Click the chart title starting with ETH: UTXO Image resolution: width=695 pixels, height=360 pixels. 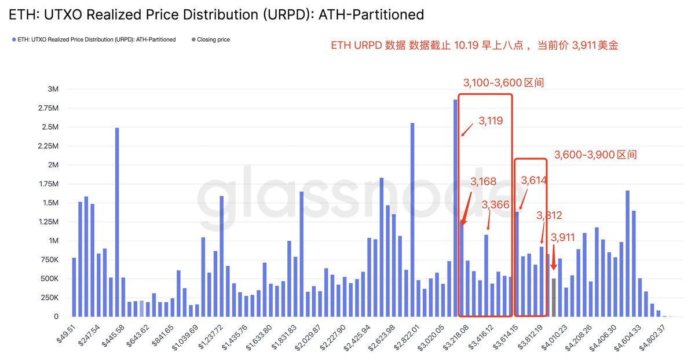(216, 14)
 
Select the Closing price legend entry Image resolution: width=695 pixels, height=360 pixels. (213, 40)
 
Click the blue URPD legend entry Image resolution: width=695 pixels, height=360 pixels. (96, 40)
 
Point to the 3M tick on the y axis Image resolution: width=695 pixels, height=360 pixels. (53, 89)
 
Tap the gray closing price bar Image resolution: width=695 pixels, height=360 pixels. (554, 297)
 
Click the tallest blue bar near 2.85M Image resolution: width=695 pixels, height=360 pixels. (455, 208)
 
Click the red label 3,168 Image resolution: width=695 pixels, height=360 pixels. (484, 182)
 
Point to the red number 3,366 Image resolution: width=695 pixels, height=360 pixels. (496, 204)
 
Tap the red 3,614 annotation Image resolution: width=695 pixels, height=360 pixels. (533, 181)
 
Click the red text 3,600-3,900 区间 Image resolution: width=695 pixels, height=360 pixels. (595, 155)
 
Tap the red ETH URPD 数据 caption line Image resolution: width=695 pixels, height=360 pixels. (474, 45)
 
